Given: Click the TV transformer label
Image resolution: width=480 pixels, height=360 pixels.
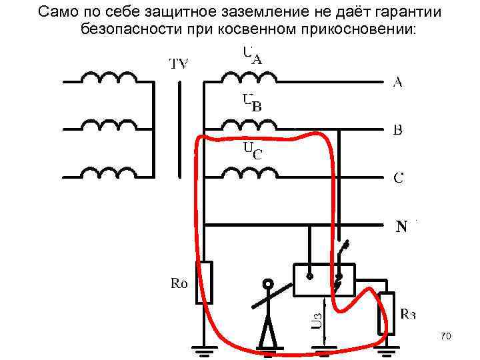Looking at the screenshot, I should click(x=178, y=64).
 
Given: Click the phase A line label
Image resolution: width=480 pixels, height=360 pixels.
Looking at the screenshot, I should click(x=397, y=82).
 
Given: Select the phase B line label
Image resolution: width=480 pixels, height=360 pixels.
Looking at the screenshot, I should click(x=397, y=130).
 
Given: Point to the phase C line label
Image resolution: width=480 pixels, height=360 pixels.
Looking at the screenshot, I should click(x=398, y=178).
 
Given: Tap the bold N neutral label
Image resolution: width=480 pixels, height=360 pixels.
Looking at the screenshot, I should click(x=402, y=227).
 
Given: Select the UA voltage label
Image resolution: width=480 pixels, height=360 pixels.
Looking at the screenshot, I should click(x=251, y=55).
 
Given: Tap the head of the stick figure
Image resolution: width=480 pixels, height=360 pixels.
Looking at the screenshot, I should click(x=268, y=285).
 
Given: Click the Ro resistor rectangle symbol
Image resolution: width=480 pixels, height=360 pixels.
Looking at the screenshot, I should click(x=205, y=282).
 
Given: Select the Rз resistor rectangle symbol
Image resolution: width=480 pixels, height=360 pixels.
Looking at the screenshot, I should click(x=385, y=313).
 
